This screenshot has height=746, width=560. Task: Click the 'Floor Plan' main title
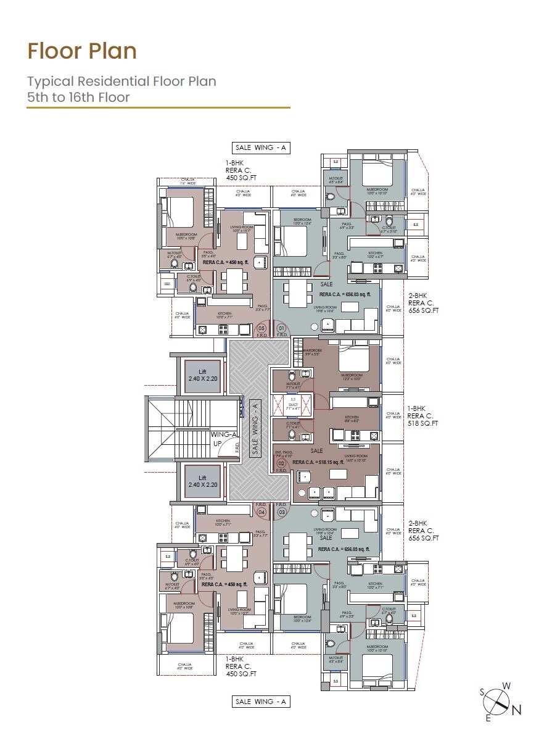click(x=82, y=51)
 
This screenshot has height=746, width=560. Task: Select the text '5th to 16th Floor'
click(x=78, y=97)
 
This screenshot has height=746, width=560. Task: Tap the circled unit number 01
click(x=282, y=328)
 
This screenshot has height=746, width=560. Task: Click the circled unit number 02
click(x=281, y=463)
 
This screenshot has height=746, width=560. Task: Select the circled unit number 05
click(x=261, y=328)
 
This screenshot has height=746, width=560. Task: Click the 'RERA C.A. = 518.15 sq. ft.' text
click(x=321, y=462)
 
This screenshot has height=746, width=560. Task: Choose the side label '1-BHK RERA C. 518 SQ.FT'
click(x=422, y=416)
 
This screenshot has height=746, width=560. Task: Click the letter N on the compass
click(x=517, y=710)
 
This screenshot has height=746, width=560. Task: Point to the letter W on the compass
click(x=506, y=686)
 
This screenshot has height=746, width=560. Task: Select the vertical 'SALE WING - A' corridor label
click(x=253, y=428)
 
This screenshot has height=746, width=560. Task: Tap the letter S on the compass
click(x=482, y=692)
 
